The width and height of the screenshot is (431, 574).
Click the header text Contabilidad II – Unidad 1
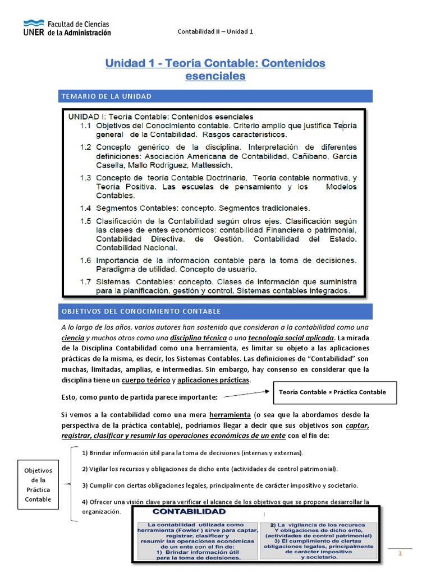[x=215, y=31]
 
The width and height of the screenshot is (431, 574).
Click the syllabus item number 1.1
[x=85, y=126]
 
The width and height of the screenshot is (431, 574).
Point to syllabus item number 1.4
[x=85, y=208]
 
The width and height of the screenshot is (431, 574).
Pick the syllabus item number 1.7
[x=85, y=281]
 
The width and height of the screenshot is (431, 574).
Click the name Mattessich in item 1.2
[x=213, y=166]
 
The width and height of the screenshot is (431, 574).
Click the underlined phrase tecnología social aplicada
[x=287, y=338]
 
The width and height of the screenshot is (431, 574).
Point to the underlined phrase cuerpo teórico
[x=145, y=381]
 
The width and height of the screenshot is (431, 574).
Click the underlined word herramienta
[x=228, y=415]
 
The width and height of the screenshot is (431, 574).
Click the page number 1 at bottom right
[x=401, y=554]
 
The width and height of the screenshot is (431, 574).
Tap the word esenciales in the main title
[x=215, y=76]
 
